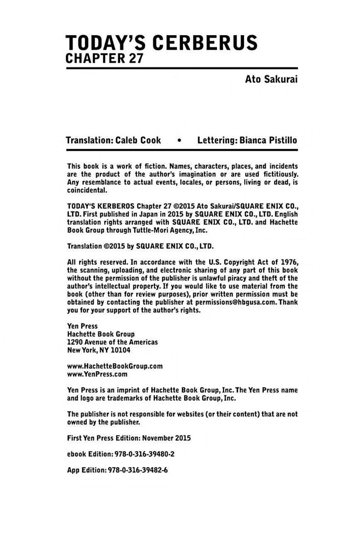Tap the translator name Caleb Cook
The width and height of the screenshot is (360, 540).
tap(138, 140)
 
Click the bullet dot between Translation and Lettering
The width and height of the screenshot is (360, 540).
tap(179, 141)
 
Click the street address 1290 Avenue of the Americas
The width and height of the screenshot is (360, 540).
tap(113, 342)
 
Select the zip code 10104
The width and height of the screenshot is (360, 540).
tap(121, 350)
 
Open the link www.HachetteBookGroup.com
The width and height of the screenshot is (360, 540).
tap(115, 367)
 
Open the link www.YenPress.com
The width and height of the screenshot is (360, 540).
tap(97, 374)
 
